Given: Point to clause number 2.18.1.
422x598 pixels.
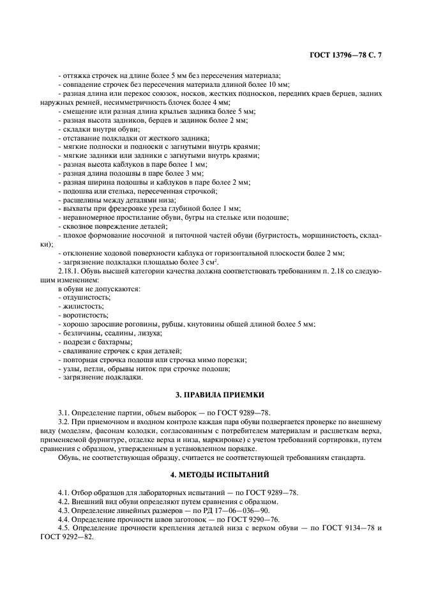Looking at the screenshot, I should point(70,271).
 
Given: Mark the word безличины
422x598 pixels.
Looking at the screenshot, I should point(80,333).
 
